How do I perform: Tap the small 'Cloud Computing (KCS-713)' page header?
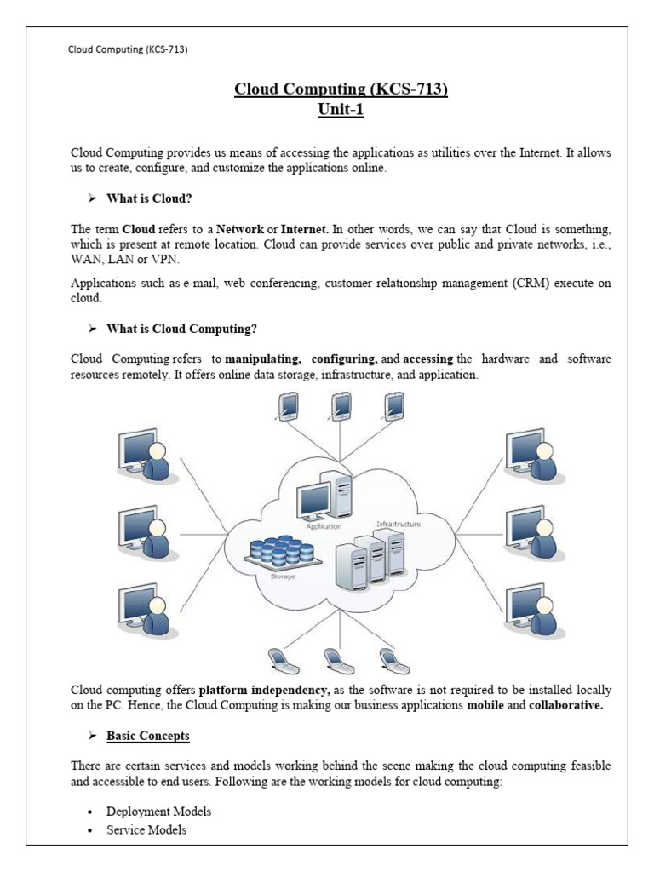(x=128, y=49)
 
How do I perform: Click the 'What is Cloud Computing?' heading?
(x=181, y=329)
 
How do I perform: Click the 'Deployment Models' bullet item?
(x=159, y=812)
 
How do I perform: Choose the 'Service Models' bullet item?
(x=146, y=829)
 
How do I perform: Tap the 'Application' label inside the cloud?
(x=316, y=527)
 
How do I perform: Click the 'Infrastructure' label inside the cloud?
(x=397, y=525)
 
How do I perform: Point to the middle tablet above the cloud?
(x=341, y=406)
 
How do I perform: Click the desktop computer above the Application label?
(x=324, y=498)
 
